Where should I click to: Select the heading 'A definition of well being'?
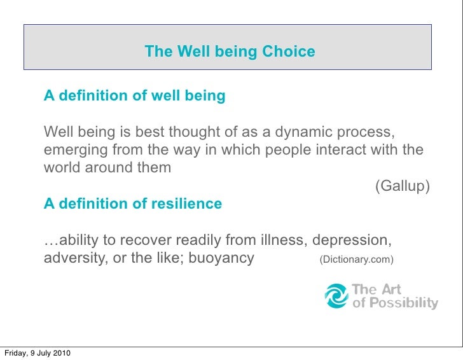[x=134, y=96]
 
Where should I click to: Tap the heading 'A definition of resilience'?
[x=132, y=204]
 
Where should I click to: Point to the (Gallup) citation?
[x=403, y=186]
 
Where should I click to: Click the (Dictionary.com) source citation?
[x=356, y=260]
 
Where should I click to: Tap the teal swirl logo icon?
[x=336, y=296]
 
